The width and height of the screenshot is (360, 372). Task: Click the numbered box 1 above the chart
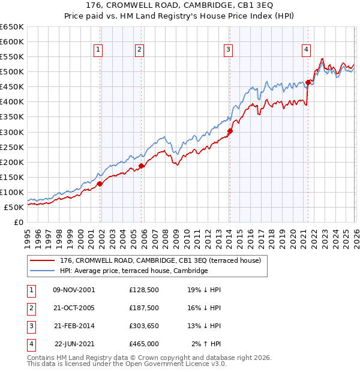tap(98, 50)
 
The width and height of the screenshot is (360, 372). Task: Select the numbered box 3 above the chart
tap(229, 50)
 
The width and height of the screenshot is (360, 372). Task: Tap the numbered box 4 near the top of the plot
tap(306, 50)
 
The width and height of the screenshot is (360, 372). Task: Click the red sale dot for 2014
tap(230, 130)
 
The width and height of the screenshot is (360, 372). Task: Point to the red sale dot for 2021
tap(308, 82)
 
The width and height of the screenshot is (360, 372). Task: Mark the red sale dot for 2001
tap(100, 184)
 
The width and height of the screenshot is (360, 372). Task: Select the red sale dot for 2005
tap(142, 166)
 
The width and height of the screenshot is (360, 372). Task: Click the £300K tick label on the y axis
tap(12, 132)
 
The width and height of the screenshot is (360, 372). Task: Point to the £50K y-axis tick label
tap(14, 207)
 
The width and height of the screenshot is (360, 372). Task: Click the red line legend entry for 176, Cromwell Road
tap(160, 261)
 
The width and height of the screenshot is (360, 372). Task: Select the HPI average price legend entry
tap(133, 271)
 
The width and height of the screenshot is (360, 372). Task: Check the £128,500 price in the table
tap(143, 290)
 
